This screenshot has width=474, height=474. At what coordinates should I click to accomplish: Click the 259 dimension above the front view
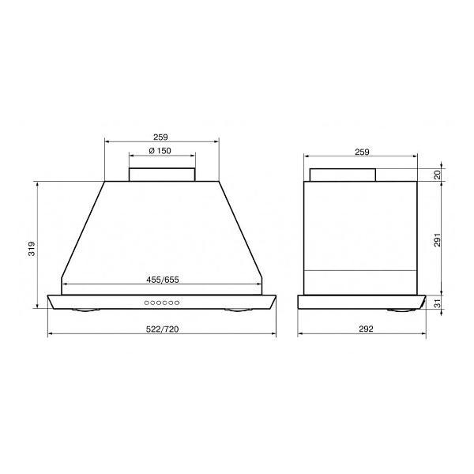(x=160, y=137)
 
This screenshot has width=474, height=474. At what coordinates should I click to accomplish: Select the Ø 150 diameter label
(x=160, y=151)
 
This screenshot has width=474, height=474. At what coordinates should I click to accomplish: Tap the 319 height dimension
(x=32, y=249)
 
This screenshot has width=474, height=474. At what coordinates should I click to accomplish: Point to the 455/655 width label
(x=163, y=280)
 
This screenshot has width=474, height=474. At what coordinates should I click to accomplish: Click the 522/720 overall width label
(x=162, y=329)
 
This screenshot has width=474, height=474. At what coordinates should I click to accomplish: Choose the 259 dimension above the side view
(x=362, y=152)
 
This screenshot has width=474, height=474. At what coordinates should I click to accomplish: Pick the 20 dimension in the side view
(x=438, y=175)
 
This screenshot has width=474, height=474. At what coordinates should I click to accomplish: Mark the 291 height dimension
(x=438, y=239)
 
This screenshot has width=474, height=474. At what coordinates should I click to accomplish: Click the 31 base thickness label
(x=438, y=303)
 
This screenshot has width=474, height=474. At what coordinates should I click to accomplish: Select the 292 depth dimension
(x=366, y=329)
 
